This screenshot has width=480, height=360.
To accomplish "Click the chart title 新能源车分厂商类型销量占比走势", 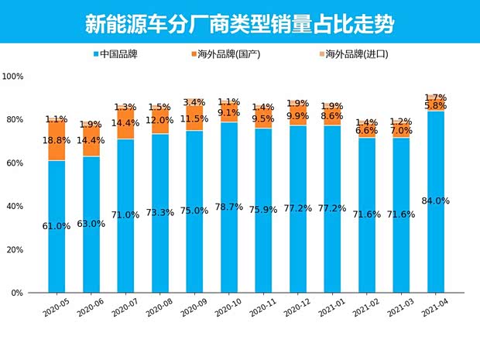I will coord(239,23).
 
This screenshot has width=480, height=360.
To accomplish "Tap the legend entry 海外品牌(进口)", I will coord(355,54).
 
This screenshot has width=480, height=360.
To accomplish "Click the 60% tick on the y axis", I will coord(16,163).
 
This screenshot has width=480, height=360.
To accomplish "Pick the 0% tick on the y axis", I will coord(19,293).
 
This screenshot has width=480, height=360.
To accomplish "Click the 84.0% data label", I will coord(436,201).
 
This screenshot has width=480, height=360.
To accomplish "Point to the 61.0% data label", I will coord(57,226).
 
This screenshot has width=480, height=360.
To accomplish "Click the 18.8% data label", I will coord(57,140).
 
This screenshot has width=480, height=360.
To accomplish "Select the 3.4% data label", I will coord(195,102).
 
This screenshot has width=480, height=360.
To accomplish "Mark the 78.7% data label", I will coord(230,207).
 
